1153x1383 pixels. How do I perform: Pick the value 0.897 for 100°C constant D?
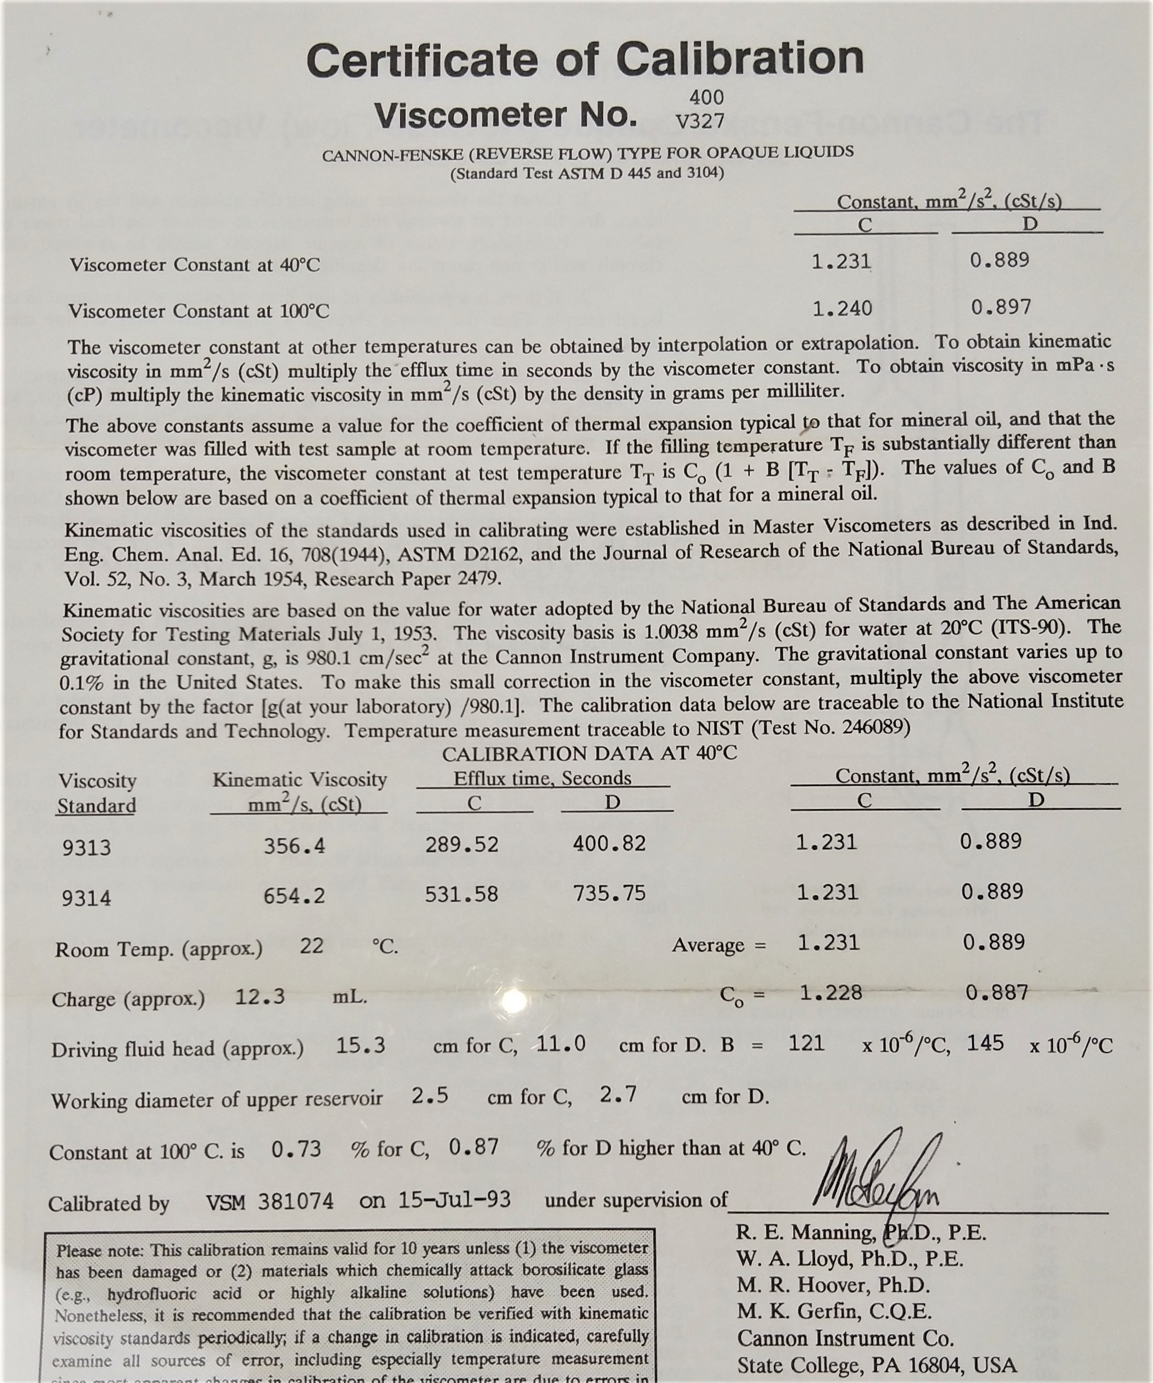pyautogui.click(x=1001, y=307)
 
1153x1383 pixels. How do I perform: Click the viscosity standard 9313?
pyautogui.click(x=87, y=847)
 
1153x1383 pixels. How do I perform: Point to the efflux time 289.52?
pyautogui.click(x=461, y=844)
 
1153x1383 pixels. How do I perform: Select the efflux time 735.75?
pyautogui.click(x=609, y=894)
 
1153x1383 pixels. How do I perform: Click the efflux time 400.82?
pyautogui.click(x=609, y=843)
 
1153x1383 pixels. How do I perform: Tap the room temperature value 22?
pyautogui.click(x=312, y=946)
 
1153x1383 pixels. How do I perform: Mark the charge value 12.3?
pyautogui.click(x=260, y=996)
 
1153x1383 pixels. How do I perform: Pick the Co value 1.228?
pyautogui.click(x=830, y=993)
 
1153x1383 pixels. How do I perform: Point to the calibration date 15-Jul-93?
pyautogui.click(x=454, y=1200)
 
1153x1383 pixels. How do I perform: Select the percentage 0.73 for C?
pyautogui.click(x=296, y=1149)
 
